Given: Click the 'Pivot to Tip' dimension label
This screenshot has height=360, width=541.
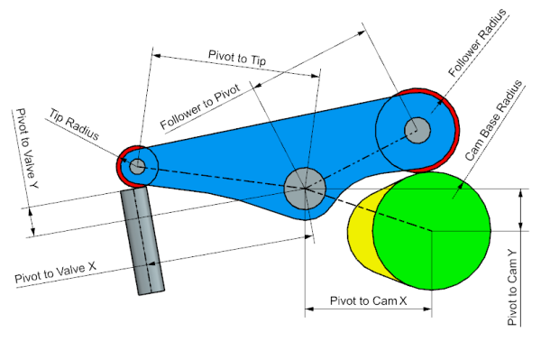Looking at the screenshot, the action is pos(237,58).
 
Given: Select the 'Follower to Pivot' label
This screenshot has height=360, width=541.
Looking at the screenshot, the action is pos(200,106).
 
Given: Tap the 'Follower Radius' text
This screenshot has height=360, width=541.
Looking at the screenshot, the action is pos(477,42).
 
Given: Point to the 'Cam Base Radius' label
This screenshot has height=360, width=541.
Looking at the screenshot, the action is pos(493,121).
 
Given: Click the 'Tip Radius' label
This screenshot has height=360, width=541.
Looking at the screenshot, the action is pos(74,125).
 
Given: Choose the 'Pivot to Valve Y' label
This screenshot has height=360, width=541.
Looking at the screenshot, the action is pos(27,148).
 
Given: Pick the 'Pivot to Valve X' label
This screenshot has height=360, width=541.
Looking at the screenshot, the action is pos(55,272).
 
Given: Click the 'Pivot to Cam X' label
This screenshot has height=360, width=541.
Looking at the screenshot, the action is pos(368,300).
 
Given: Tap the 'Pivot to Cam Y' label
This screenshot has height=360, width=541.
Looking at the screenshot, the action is pos(513,287).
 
